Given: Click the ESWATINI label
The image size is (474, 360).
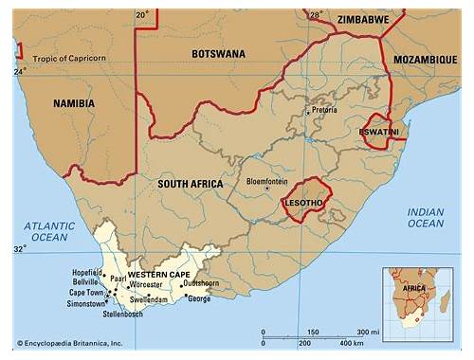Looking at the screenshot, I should point(380,131).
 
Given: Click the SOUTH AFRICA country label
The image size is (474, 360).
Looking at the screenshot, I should point(191,183).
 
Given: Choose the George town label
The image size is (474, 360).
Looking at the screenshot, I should point(199,298).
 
